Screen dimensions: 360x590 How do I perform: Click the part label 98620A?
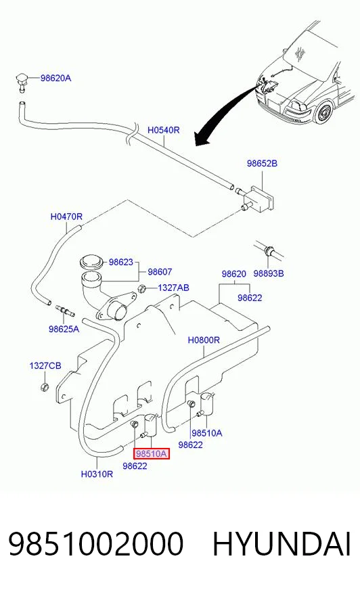[x=55, y=78]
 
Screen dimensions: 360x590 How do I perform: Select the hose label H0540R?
[x=163, y=130]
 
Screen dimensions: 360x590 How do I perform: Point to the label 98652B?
[x=262, y=163]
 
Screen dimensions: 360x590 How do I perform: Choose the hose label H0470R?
[x=66, y=217]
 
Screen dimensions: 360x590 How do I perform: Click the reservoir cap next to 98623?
[x=91, y=262]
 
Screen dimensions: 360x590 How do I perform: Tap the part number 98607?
[x=160, y=272]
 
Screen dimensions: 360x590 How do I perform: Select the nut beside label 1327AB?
[x=143, y=289]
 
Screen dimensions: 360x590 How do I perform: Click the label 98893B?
[x=268, y=273]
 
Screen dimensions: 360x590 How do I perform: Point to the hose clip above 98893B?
[x=269, y=250]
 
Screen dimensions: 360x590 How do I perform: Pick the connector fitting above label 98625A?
[x=65, y=311]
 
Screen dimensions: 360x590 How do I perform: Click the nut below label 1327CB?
[x=45, y=386]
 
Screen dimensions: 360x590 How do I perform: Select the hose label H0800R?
[x=204, y=340]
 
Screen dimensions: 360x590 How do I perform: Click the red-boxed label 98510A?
[x=151, y=454]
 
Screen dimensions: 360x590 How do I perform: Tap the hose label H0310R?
[x=97, y=474]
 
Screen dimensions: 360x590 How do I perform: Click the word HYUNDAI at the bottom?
[x=282, y=544]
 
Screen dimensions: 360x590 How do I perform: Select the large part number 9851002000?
[x=96, y=544]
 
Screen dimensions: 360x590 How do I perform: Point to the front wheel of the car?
[x=324, y=112]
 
